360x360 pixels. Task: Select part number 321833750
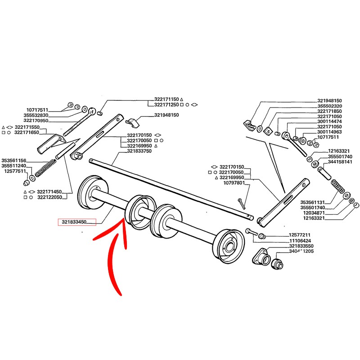(139, 152)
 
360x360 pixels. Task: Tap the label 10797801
(234, 183)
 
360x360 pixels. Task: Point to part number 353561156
(14, 160)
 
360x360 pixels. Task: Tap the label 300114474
(330, 122)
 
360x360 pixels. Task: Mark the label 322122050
(49, 197)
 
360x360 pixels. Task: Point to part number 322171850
(330, 111)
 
